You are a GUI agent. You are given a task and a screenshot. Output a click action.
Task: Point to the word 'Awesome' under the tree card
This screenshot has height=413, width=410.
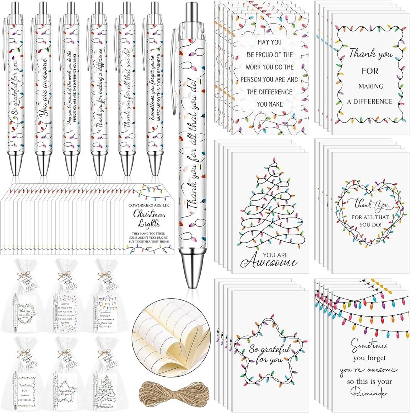point(270,263)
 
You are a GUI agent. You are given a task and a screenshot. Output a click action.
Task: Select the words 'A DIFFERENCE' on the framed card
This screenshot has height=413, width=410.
point(370,101)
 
